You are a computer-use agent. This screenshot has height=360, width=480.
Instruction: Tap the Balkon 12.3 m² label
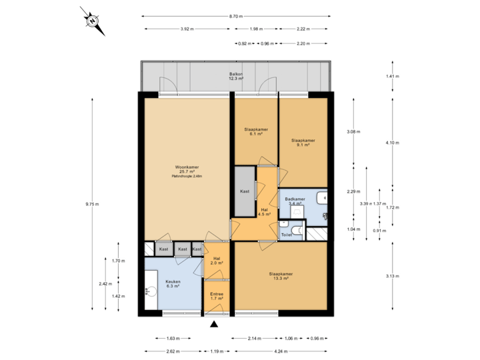[x=236, y=77]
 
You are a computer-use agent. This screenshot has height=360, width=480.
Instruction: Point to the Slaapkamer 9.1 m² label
[x=303, y=143]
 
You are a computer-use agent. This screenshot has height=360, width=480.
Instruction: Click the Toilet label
[x=287, y=235]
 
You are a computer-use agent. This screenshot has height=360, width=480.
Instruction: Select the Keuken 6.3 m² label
[x=173, y=284]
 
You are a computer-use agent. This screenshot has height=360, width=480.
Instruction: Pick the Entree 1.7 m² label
[x=217, y=297]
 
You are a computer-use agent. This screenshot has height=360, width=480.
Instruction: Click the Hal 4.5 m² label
[x=264, y=212]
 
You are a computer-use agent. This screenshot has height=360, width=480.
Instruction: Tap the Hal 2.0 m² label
[x=217, y=261]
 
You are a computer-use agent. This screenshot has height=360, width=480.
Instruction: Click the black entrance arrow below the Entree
[x=214, y=325]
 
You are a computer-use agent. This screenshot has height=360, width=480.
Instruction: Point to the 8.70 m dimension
[x=236, y=16]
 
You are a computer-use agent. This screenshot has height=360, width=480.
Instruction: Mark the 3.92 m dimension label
[x=187, y=29]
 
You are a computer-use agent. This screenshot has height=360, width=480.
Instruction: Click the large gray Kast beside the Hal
[x=245, y=192]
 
